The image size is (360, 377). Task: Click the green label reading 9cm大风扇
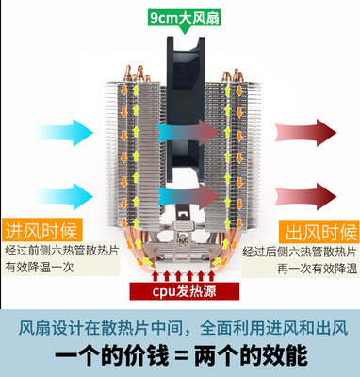tap(179, 18)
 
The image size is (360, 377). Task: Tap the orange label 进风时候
tap(41, 230)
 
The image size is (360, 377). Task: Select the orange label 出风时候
tap(320, 230)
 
